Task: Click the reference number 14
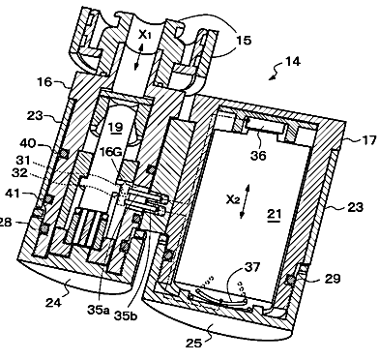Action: (293, 61)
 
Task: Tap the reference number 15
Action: (244, 41)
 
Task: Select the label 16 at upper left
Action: (44, 82)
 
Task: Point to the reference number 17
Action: (369, 140)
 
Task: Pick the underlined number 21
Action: (274, 214)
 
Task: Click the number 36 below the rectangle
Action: (258, 156)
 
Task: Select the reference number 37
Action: (253, 267)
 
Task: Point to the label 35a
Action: (99, 310)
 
